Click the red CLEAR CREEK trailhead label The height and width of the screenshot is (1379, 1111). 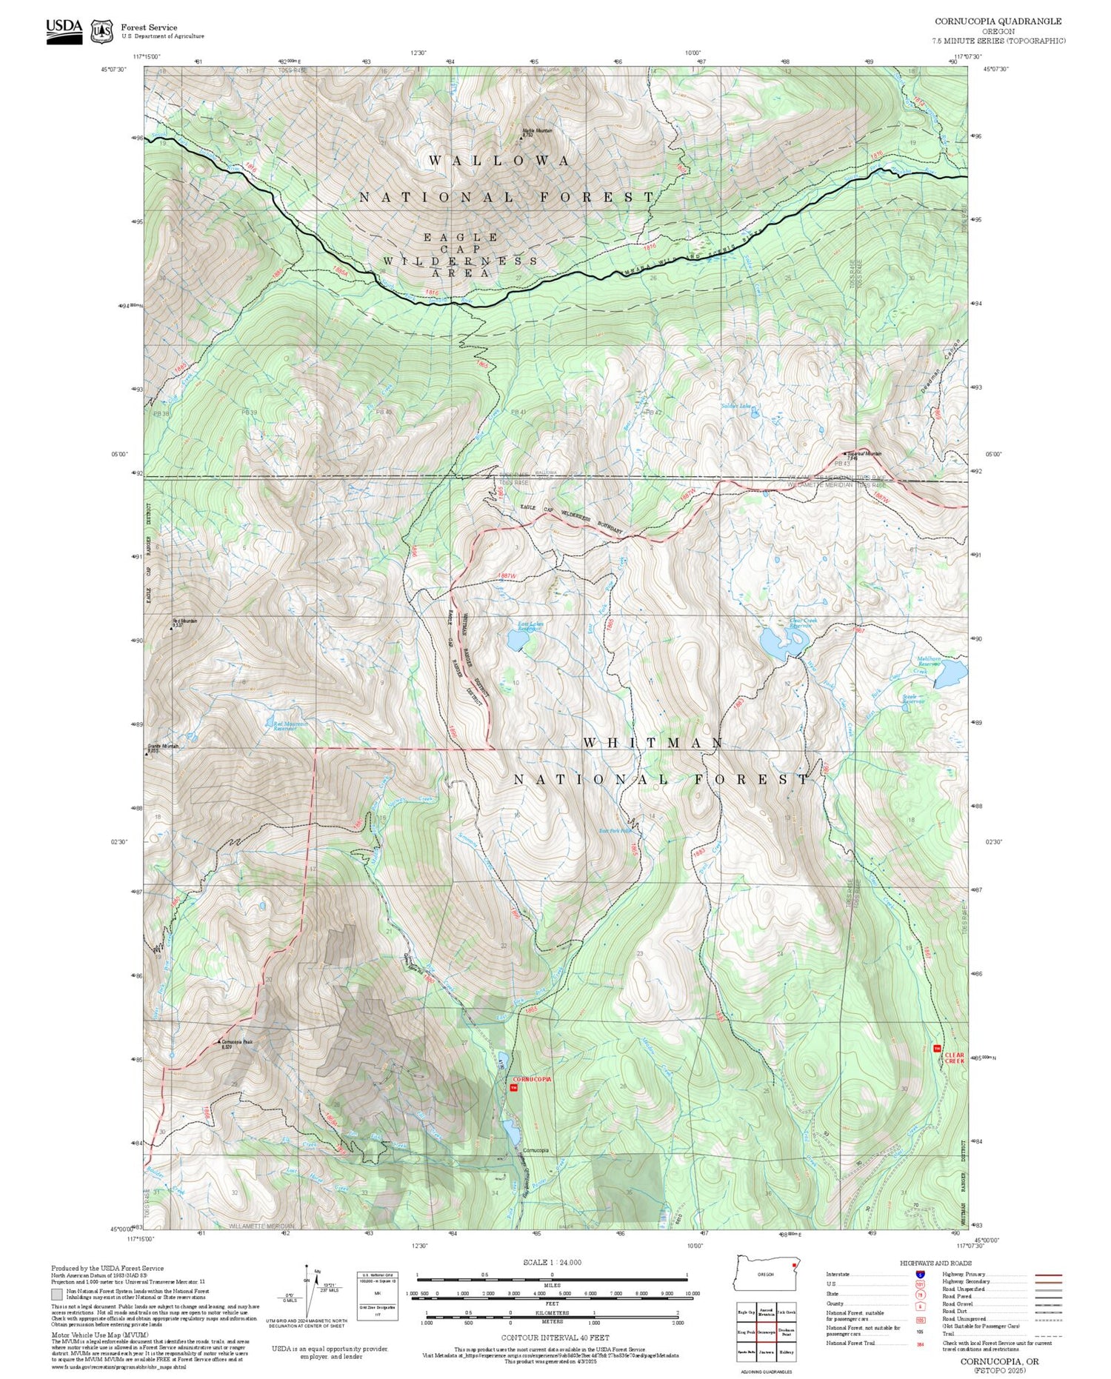(955, 1058)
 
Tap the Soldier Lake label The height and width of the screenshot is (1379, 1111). (735, 406)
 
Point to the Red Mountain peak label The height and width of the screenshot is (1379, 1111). (185, 621)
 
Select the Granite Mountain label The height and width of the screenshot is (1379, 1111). (163, 747)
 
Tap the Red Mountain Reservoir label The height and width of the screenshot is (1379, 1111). (284, 726)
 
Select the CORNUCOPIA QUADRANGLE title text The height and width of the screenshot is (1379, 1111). (998, 21)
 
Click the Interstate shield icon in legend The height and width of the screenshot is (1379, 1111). (920, 1275)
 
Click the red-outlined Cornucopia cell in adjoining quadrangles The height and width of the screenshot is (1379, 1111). (766, 1330)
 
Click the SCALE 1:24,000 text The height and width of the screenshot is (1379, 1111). (552, 1262)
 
